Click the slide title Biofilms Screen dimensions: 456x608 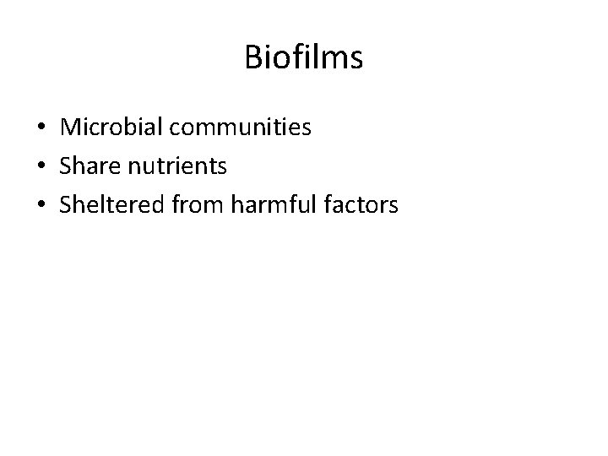pyautogui.click(x=304, y=57)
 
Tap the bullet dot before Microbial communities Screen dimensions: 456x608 pyautogui.click(x=41, y=128)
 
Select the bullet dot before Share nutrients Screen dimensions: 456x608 pyautogui.click(x=41, y=166)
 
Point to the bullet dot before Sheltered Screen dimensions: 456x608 pyautogui.click(x=41, y=204)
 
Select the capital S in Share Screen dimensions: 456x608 pyautogui.click(x=66, y=166)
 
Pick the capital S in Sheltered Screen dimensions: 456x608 pyautogui.click(x=66, y=204)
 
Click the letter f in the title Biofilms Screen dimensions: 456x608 pyautogui.click(x=295, y=57)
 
